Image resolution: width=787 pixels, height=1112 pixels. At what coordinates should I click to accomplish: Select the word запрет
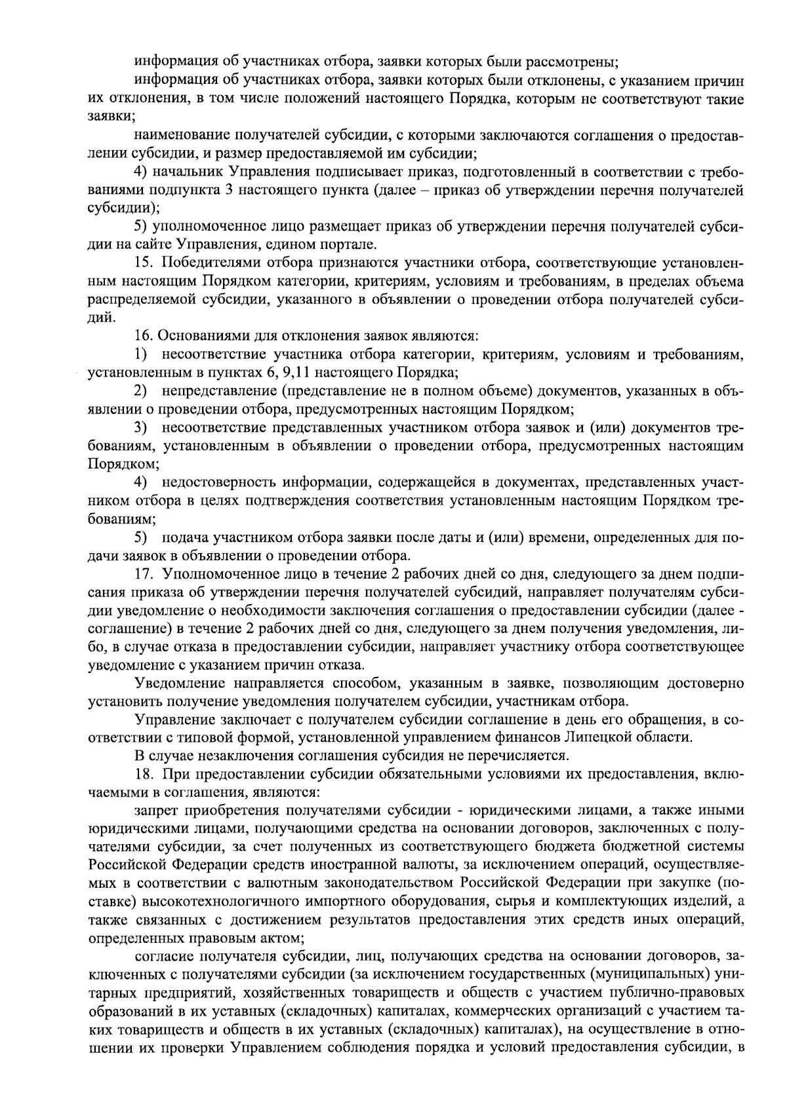coord(155,811)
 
